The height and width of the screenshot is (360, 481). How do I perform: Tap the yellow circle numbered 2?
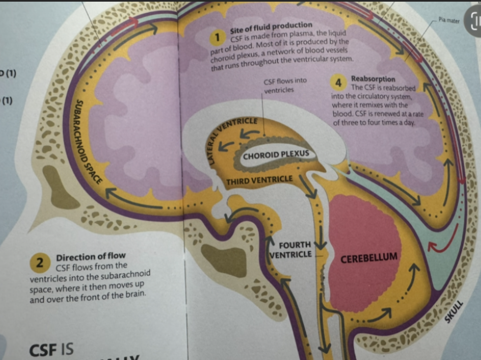point(40,263)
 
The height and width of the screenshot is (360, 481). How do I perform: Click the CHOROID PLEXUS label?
point(276,155)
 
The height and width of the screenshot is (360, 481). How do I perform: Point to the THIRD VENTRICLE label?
point(259,180)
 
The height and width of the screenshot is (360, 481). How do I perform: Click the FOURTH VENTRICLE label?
point(294,250)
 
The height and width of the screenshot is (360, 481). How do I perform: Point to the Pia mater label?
point(448,20)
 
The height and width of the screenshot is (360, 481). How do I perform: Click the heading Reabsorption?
point(373,79)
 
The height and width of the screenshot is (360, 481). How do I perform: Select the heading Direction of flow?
point(91,256)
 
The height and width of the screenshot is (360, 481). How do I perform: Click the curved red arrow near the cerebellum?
point(442,239)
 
